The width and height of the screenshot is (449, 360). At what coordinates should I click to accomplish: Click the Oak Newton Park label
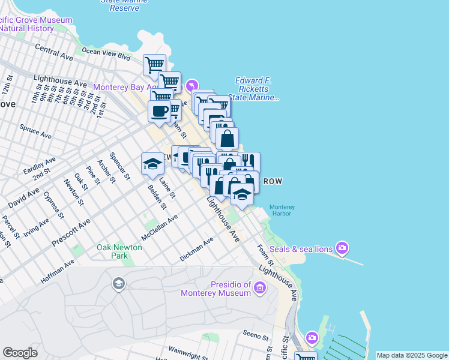point(119,251)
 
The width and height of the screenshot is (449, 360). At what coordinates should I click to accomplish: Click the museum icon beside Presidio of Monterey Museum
point(259,289)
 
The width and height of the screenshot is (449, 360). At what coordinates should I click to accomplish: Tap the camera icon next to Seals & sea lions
point(342,247)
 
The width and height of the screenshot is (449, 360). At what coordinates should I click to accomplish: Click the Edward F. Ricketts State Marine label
point(257,89)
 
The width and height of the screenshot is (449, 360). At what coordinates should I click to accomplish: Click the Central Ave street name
point(54,52)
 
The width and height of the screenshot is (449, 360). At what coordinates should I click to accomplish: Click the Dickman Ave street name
point(196,250)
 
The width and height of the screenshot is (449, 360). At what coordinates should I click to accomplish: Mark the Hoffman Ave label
point(58,271)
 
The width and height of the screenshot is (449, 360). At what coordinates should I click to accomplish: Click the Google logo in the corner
point(20,353)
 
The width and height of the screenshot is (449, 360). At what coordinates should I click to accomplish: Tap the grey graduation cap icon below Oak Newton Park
point(119,283)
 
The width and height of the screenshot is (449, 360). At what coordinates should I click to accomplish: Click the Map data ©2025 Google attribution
point(412,355)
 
